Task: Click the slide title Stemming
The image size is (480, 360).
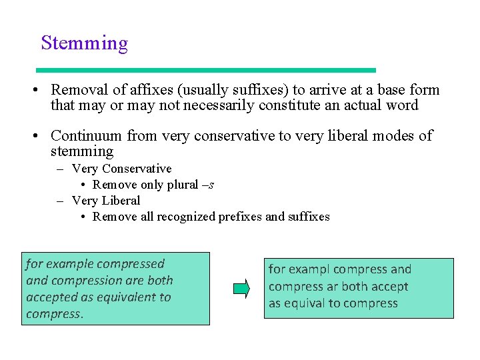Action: coord(84,43)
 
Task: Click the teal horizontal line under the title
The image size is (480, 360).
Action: coord(206,70)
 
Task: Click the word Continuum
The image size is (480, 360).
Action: coord(87,136)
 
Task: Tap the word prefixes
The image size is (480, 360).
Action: coord(240,217)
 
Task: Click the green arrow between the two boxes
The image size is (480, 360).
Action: coord(241,289)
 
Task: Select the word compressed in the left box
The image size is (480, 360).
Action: coord(129,264)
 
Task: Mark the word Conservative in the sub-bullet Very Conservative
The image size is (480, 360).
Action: coord(137,169)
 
